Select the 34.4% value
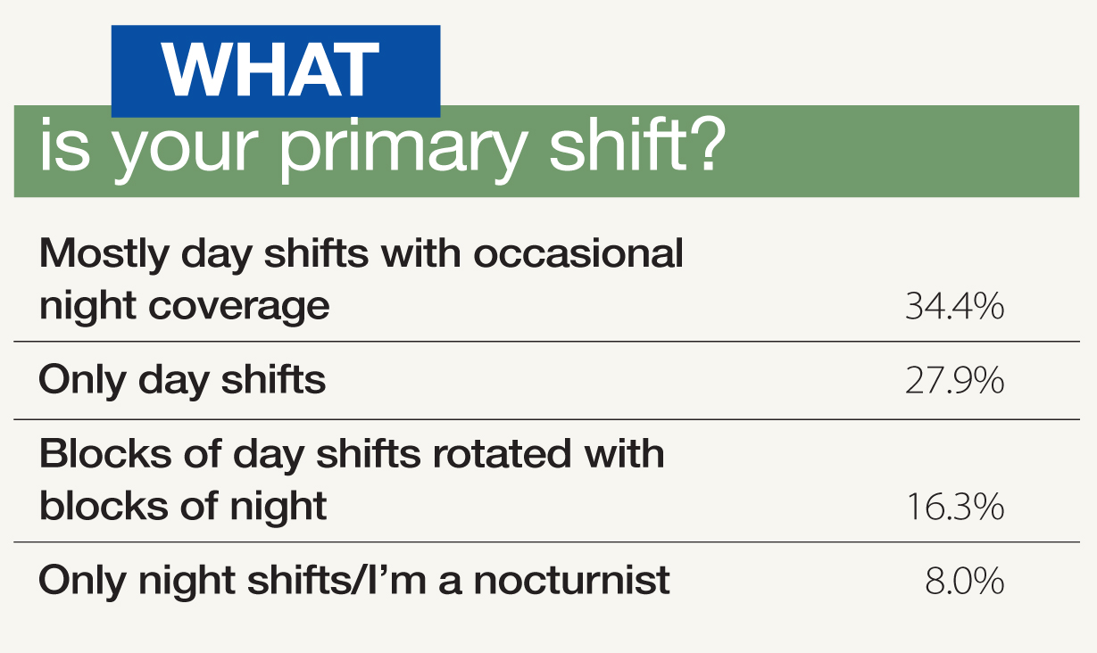point(954,308)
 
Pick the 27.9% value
point(954,382)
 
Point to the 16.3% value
point(954,508)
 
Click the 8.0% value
point(963,582)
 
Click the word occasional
point(578,254)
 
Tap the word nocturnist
point(571,582)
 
